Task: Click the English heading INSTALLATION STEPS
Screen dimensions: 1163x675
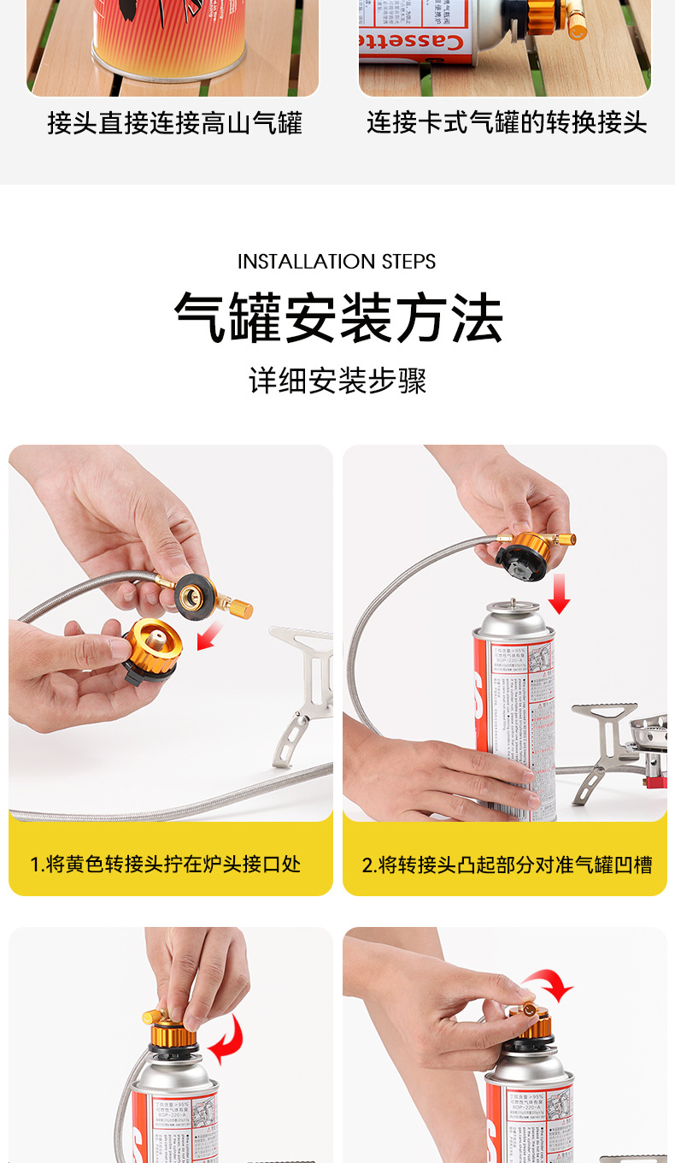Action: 337,262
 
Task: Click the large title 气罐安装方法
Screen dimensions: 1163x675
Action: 338,317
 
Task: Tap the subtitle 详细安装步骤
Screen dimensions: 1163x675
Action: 337,381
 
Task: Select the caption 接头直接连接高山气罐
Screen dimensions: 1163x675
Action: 174,124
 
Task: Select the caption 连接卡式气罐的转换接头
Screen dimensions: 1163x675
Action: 507,123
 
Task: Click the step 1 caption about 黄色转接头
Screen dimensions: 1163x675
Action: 166,864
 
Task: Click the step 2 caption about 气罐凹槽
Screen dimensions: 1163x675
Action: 507,865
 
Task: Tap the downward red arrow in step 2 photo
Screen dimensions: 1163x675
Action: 559,593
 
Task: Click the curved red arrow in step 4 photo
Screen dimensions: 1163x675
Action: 549,985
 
